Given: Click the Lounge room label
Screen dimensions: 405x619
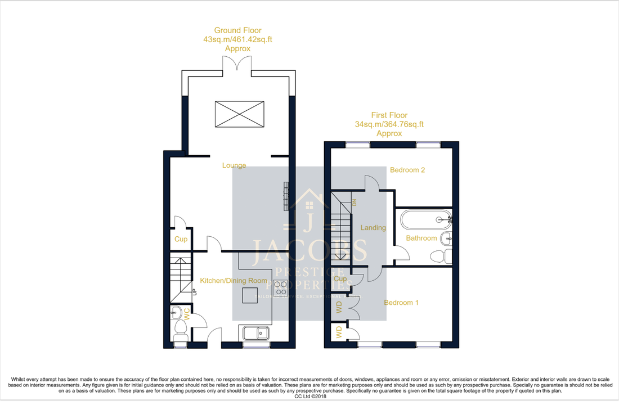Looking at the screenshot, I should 234,165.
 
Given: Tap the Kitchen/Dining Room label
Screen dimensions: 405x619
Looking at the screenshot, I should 234,280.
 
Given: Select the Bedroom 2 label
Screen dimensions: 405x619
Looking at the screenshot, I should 407,170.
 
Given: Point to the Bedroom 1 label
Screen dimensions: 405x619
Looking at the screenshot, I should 401,303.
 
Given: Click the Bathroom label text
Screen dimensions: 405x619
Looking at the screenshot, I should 421,238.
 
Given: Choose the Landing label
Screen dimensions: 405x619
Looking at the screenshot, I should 373,228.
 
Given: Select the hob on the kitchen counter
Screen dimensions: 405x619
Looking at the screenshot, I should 280,288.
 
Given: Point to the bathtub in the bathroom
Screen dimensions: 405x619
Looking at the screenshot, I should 425,219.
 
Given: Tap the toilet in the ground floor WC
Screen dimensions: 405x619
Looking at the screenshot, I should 181,328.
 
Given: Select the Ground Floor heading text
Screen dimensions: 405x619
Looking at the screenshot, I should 237,30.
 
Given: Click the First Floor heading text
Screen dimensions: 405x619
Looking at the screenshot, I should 389,115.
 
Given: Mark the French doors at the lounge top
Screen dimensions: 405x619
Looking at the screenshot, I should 238,66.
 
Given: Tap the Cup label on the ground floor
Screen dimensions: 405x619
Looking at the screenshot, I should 181,239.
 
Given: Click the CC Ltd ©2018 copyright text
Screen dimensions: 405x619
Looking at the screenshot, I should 309,396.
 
